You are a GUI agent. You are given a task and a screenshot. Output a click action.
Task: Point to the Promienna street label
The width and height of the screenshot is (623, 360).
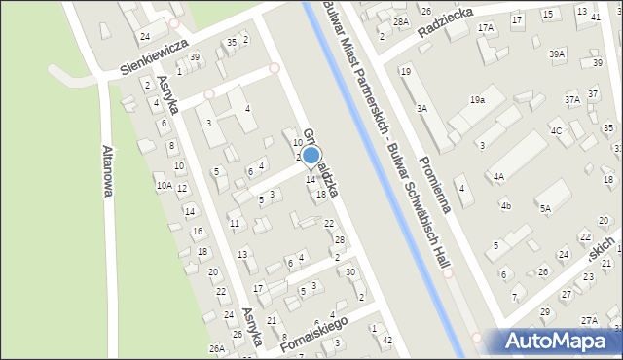point(429,170)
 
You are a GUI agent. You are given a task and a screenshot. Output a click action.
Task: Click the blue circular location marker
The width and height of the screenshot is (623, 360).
point(311,155)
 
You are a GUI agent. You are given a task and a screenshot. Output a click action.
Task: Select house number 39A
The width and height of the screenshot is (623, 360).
point(557,54)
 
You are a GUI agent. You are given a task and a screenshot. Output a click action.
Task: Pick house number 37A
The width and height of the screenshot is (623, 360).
point(572,99)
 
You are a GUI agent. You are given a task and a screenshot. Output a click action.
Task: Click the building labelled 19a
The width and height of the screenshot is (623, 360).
point(477,99)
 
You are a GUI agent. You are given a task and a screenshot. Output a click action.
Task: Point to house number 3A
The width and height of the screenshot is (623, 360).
point(421,109)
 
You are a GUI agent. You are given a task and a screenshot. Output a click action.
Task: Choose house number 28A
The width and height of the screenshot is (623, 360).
point(400,21)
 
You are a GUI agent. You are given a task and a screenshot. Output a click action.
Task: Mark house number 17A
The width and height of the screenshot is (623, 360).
point(486,28)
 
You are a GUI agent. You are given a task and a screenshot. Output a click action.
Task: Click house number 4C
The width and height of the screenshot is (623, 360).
point(556,130)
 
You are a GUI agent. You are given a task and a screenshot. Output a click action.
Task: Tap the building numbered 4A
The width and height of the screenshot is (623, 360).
point(498,176)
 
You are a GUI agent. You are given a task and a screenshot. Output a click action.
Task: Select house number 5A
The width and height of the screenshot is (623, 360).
point(546,208)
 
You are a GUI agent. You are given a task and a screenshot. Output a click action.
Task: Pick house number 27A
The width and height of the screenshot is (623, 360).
point(589,320)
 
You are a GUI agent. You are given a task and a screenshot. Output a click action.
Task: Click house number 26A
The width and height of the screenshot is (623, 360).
point(216,348)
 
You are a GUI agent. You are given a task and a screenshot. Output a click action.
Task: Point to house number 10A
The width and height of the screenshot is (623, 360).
point(164,185)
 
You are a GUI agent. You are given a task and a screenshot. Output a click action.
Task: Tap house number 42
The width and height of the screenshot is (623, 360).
point(387,339)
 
